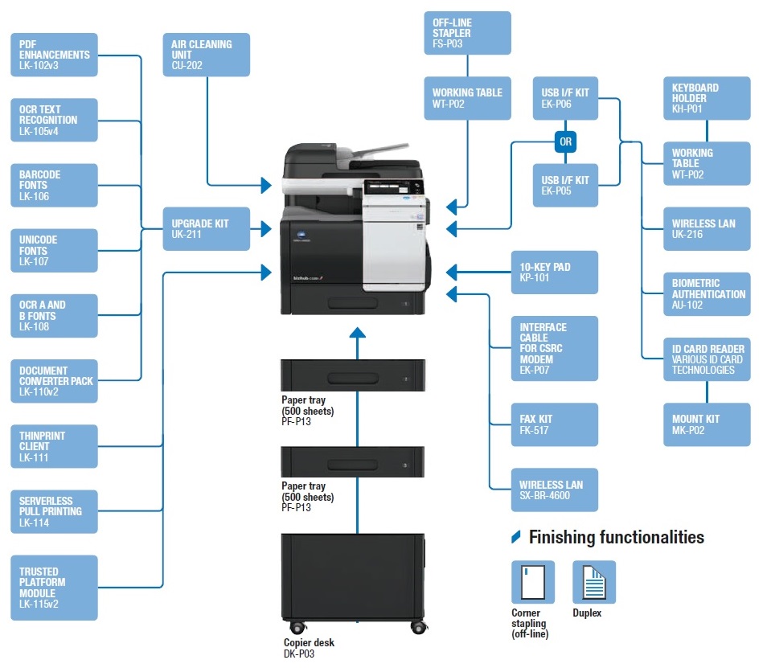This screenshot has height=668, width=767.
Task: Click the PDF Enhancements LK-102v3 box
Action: pyautogui.click(x=55, y=55)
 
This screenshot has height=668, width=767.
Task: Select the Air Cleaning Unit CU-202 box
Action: pyautogui.click(x=207, y=55)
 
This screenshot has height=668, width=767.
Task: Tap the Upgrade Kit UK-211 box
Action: pyautogui.click(x=207, y=229)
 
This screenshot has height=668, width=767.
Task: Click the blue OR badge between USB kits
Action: pyautogui.click(x=565, y=142)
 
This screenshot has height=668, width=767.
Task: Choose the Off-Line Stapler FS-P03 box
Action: pyautogui.click(x=467, y=33)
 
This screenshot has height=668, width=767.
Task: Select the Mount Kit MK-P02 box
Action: pyautogui.click(x=707, y=424)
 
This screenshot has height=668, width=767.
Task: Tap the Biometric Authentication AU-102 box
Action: pyautogui.click(x=707, y=294)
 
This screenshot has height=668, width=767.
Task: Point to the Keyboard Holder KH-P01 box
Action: pyautogui.click(x=707, y=98)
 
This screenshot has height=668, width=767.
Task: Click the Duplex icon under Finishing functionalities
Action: pyautogui.click(x=593, y=581)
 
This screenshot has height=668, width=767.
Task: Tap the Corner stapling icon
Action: pyautogui.click(x=532, y=581)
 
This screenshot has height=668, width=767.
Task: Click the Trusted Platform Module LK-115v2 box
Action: pyautogui.click(x=55, y=588)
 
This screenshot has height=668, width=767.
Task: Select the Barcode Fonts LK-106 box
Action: pyautogui.click(x=55, y=185)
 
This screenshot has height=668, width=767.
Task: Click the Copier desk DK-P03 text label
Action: pyautogui.click(x=309, y=648)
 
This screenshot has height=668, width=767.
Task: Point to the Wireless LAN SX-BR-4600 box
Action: pyautogui.click(x=555, y=490)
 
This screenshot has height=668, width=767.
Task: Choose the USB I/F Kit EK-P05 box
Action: pyautogui.click(x=565, y=186)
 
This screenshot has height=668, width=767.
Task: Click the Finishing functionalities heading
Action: pyautogui.click(x=616, y=538)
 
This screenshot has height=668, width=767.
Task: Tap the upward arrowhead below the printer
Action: pyautogui.click(x=357, y=332)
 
